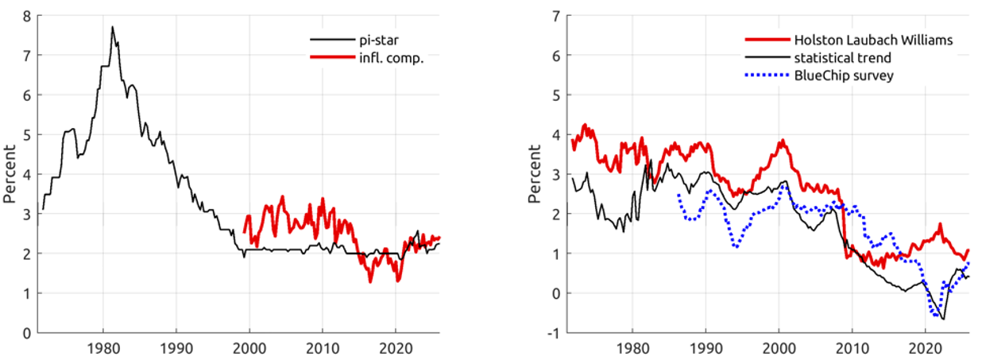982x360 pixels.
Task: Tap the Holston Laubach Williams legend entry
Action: (x=872, y=40)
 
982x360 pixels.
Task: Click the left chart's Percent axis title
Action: (x=10, y=174)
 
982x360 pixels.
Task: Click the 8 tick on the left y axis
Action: (x=27, y=16)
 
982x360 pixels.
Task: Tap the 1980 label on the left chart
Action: (x=102, y=347)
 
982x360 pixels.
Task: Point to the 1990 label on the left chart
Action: (x=176, y=347)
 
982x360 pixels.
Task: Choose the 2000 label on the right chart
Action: (x=779, y=347)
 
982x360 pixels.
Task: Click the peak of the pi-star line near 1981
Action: (x=112, y=27)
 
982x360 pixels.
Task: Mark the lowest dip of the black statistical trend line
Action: (x=943, y=319)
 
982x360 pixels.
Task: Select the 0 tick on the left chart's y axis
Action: (x=27, y=333)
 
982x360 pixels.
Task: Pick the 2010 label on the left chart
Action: (x=323, y=347)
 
